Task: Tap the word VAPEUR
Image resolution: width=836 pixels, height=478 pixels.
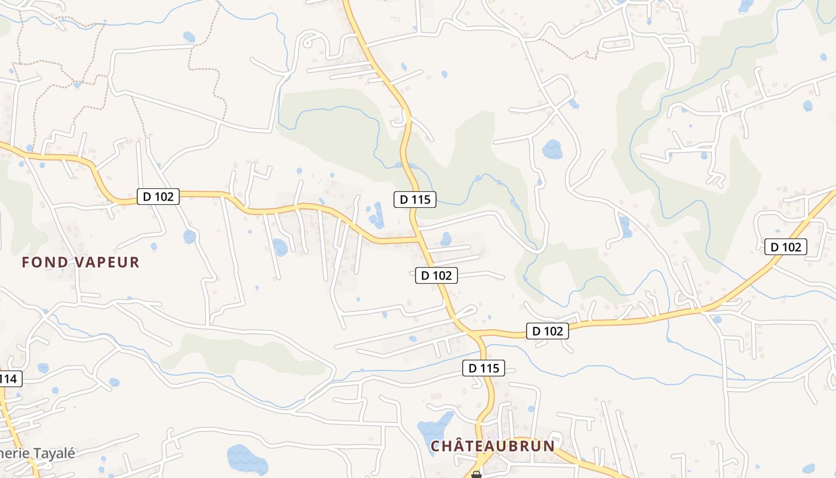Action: pyautogui.click(x=107, y=262)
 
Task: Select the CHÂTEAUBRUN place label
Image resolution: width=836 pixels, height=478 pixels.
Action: pyautogui.click(x=493, y=446)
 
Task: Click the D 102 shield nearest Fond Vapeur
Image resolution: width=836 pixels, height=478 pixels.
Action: pyautogui.click(x=158, y=196)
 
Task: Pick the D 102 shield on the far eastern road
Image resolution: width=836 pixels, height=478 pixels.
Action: pyautogui.click(x=786, y=247)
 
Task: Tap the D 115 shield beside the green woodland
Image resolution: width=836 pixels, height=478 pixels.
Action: pyautogui.click(x=415, y=200)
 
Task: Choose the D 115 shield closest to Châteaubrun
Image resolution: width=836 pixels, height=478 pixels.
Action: pyautogui.click(x=484, y=368)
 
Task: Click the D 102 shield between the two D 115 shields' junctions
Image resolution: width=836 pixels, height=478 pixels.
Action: pyautogui.click(x=437, y=275)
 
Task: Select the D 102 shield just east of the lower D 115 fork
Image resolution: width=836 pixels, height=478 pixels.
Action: pyautogui.click(x=548, y=331)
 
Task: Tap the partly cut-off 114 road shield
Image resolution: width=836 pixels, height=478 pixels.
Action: pyautogui.click(x=10, y=378)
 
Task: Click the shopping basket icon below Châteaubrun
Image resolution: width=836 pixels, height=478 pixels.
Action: pyautogui.click(x=476, y=474)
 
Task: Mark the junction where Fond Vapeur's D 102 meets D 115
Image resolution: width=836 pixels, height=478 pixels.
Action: pyautogui.click(x=418, y=240)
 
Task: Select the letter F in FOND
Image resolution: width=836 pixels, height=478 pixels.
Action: pyautogui.click(x=26, y=262)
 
